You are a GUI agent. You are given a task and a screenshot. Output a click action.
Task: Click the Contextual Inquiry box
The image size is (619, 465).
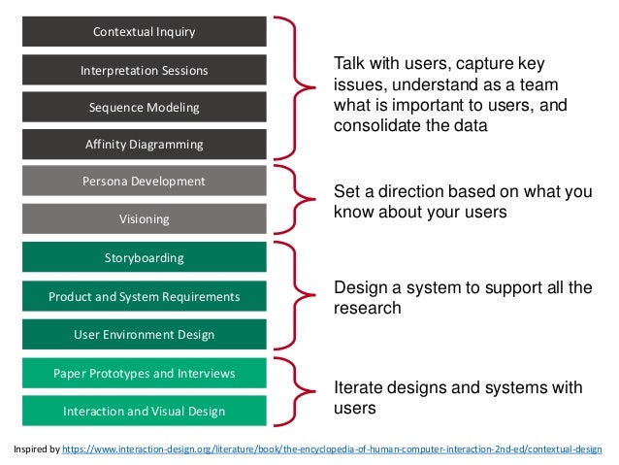tap(144, 32)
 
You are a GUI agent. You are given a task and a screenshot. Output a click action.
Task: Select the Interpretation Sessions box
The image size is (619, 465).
tap(144, 70)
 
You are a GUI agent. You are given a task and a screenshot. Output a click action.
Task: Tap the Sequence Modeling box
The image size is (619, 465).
tap(144, 107)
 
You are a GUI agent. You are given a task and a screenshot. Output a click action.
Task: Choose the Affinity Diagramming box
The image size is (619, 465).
tap(144, 145)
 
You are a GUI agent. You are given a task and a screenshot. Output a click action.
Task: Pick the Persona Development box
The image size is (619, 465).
tap(144, 182)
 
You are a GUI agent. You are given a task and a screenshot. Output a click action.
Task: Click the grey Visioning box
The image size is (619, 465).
tap(144, 219)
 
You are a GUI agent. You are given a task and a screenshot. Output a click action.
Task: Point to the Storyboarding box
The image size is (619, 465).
tap(144, 258)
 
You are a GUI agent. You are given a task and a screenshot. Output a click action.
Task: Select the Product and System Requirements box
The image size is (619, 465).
tap(144, 296)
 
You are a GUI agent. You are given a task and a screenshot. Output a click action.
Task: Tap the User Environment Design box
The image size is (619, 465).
tap(144, 335)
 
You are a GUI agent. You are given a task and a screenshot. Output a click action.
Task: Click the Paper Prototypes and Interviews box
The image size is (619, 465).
tap(144, 373)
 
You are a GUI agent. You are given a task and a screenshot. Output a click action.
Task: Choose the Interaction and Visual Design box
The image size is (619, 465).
tap(144, 412)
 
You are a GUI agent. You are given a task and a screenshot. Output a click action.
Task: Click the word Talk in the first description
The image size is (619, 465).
tap(349, 64)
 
